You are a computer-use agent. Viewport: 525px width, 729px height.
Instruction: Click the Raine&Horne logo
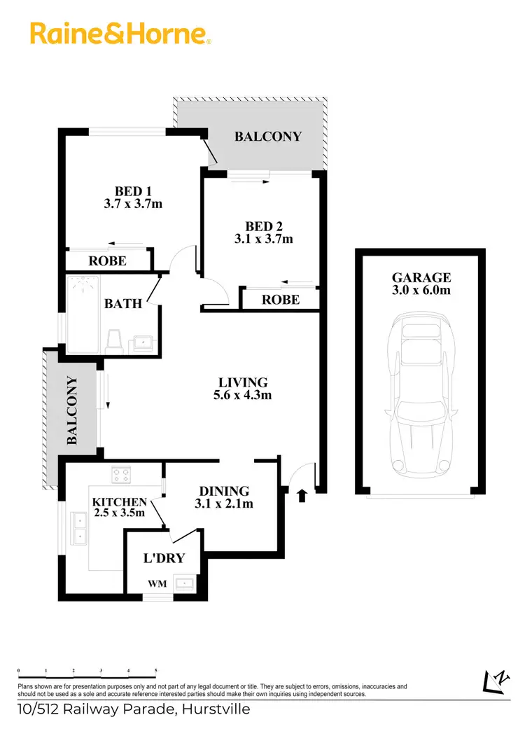tap(120, 33)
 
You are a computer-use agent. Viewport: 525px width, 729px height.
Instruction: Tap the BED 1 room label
tap(133, 190)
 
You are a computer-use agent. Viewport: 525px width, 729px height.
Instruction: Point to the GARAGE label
tap(421, 277)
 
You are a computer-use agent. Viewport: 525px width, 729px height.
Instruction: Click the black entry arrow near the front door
tap(302, 496)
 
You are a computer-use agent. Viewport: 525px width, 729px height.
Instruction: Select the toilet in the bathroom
tap(114, 342)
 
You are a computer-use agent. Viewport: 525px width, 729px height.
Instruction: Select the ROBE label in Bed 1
tap(108, 261)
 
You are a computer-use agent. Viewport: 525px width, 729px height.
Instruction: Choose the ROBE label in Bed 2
tap(281, 299)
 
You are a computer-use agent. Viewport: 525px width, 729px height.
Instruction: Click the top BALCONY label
tap(268, 137)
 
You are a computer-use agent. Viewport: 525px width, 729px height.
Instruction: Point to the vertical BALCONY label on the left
tap(72, 411)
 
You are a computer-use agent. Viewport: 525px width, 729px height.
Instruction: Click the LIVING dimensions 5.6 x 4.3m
tap(244, 395)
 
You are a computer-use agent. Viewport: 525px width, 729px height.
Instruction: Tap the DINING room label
tap(224, 491)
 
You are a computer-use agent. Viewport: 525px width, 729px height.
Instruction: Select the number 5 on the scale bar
tap(156, 670)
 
